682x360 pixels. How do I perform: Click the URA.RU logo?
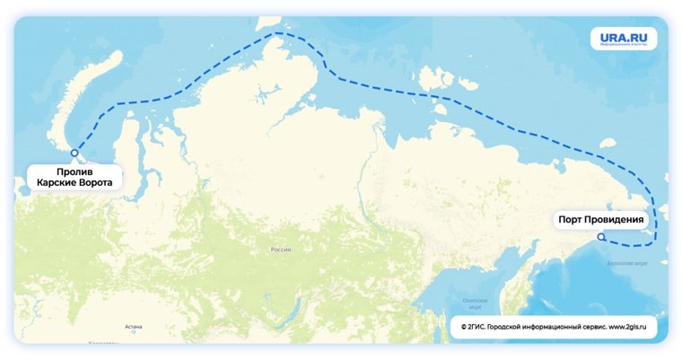[623, 39]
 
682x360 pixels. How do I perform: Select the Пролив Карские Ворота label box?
[74, 176]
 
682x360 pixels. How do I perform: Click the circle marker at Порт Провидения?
[601, 237]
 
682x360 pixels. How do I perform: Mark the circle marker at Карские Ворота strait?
[74, 154]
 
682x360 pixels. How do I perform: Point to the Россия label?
[281, 250]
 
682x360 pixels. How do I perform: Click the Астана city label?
[134, 326]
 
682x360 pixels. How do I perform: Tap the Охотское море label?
[473, 303]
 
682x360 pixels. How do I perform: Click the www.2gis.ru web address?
[628, 329]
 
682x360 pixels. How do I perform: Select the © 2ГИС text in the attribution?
[477, 329]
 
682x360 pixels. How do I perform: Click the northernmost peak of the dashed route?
[278, 34]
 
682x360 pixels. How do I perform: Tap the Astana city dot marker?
[134, 332]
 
